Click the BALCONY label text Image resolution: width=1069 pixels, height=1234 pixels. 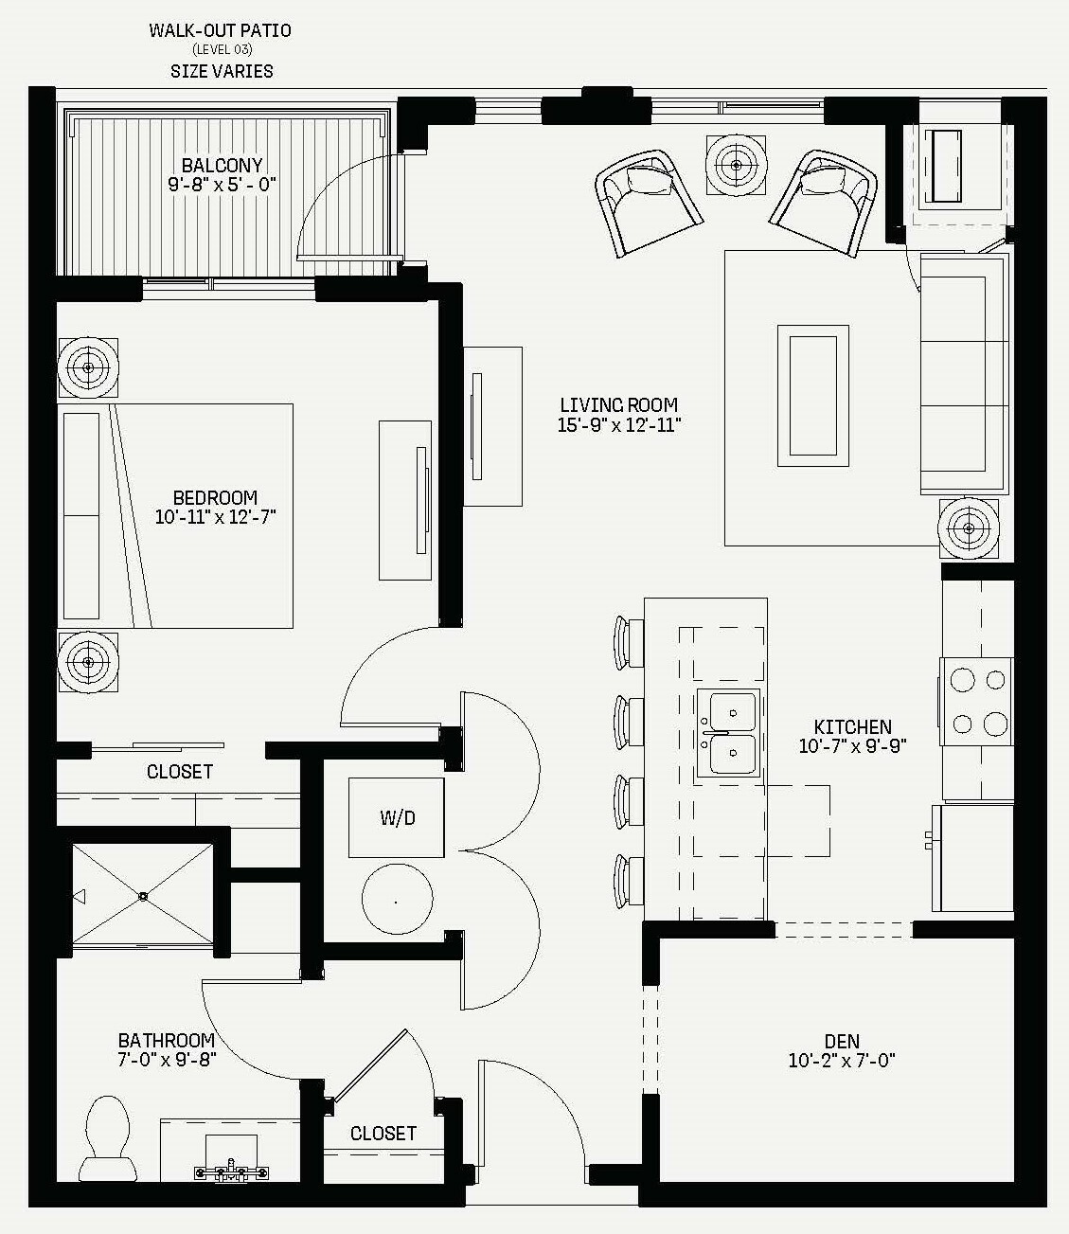pyautogui.click(x=222, y=165)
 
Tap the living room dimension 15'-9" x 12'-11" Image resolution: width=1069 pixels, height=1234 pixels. pyautogui.click(x=619, y=425)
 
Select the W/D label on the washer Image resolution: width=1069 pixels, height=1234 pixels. pyautogui.click(x=398, y=817)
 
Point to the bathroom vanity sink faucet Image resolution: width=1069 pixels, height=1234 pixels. pyautogui.click(x=232, y=1171)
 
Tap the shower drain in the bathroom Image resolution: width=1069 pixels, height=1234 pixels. pyautogui.click(x=143, y=896)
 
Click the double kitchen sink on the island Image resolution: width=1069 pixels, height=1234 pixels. pyautogui.click(x=729, y=732)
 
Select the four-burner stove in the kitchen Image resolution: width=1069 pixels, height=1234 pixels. pyautogui.click(x=976, y=702)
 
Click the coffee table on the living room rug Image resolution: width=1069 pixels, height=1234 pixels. pyautogui.click(x=813, y=396)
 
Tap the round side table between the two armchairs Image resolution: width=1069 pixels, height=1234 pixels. pyautogui.click(x=736, y=165)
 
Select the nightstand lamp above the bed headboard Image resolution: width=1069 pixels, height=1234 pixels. pyautogui.click(x=88, y=367)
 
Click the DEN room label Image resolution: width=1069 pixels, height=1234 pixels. pyautogui.click(x=842, y=1041)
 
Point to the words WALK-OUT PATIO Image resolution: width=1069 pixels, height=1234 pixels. pyautogui.click(x=221, y=30)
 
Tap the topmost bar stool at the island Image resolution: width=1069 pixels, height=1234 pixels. pyautogui.click(x=629, y=642)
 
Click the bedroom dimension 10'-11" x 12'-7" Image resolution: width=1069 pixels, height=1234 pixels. pyautogui.click(x=216, y=517)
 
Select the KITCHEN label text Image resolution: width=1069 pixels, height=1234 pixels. pyautogui.click(x=853, y=726)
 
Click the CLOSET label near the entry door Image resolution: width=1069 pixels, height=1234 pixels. pyautogui.click(x=383, y=1133)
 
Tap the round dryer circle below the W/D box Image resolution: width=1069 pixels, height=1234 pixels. pyautogui.click(x=397, y=899)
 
